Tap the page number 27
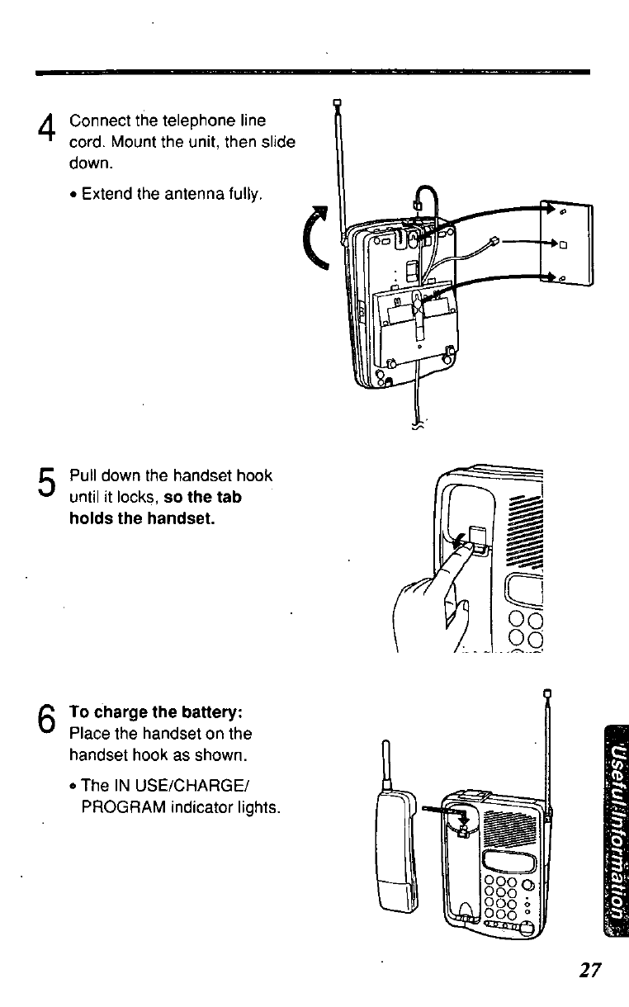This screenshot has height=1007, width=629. (x=589, y=970)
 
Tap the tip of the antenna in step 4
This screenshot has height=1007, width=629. (x=337, y=103)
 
